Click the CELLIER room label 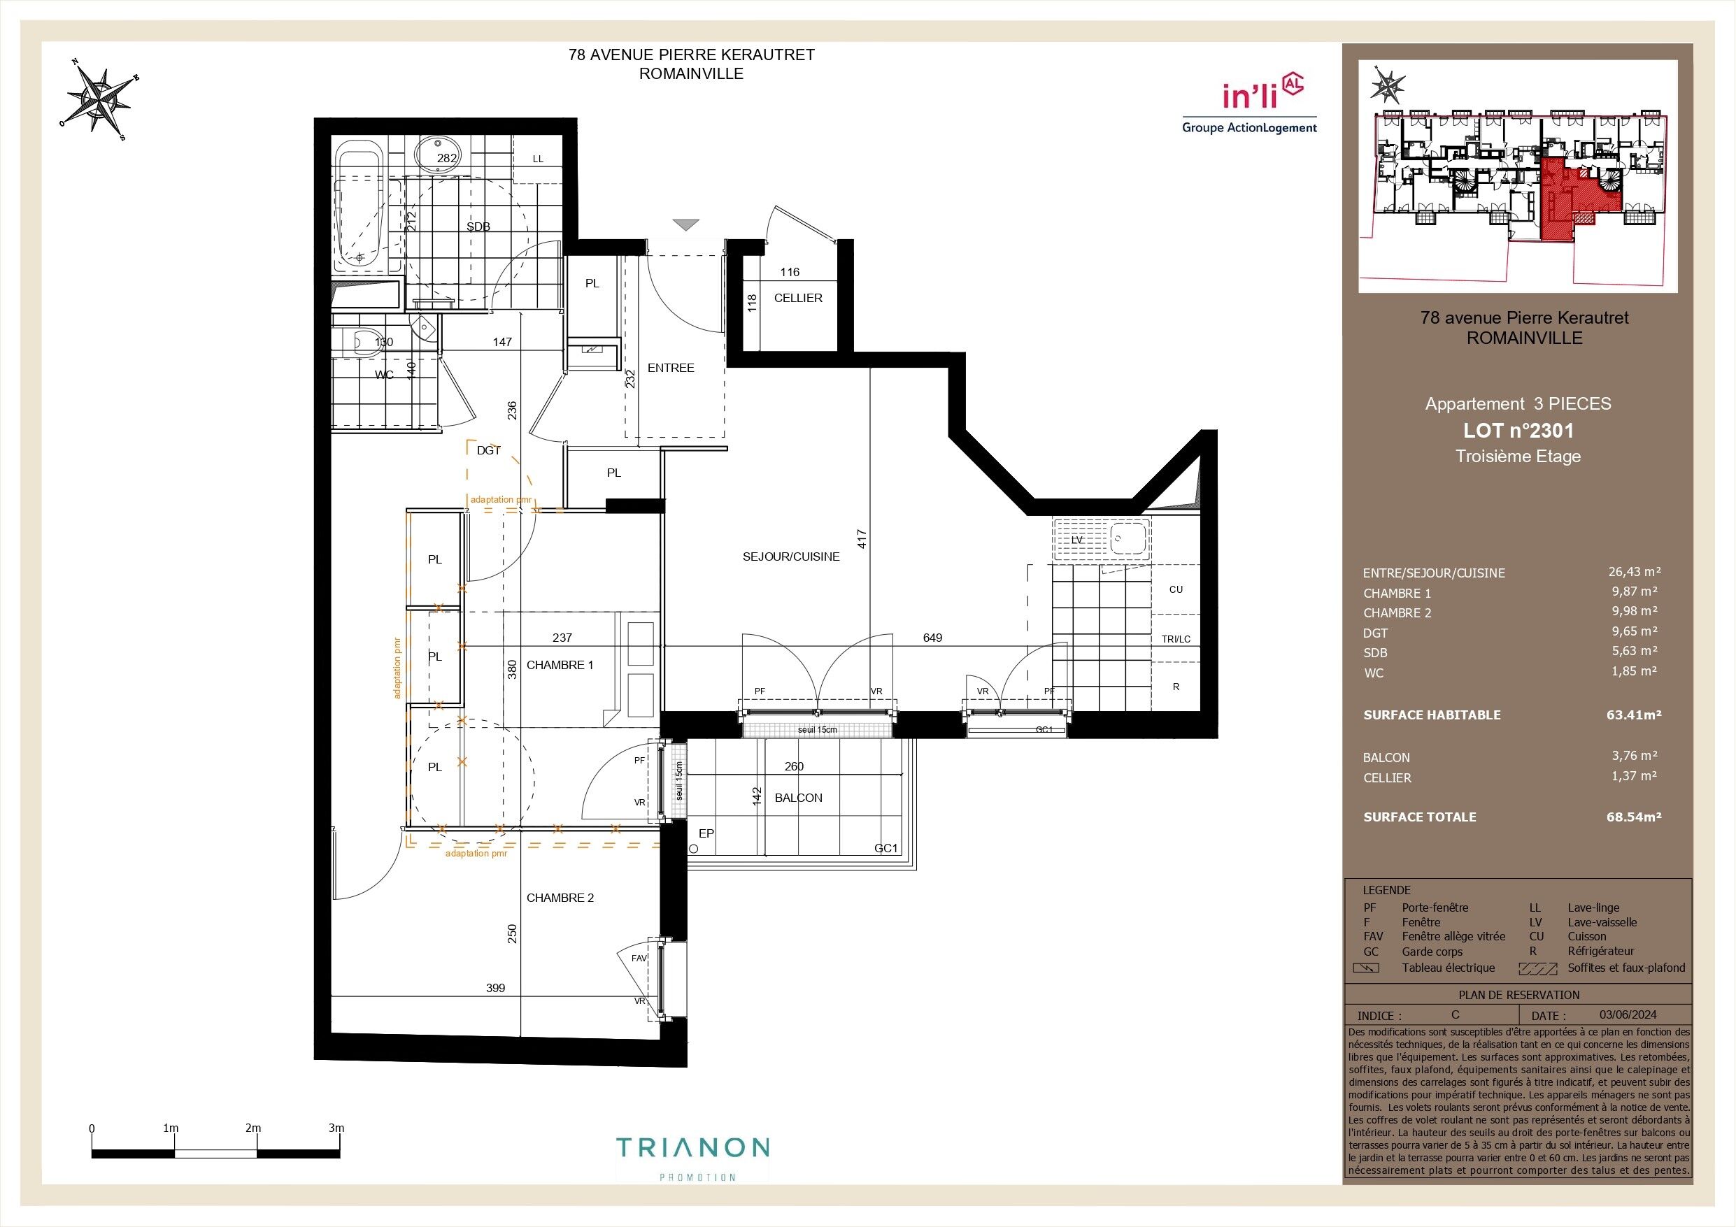click(797, 298)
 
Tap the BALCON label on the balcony click(799, 798)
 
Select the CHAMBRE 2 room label click(560, 898)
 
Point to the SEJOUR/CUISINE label click(791, 557)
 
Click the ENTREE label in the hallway click(671, 368)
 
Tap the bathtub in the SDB click(361, 212)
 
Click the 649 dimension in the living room click(932, 638)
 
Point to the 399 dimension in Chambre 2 click(495, 988)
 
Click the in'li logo click(1249, 105)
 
